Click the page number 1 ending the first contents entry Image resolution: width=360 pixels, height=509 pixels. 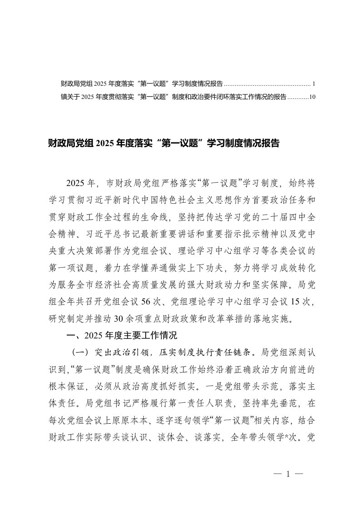(x=308, y=84)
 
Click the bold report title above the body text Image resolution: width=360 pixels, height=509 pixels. (x=163, y=144)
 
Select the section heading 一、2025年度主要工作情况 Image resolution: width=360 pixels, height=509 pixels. (x=121, y=336)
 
